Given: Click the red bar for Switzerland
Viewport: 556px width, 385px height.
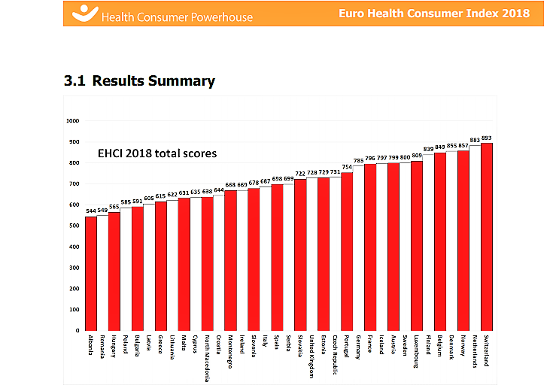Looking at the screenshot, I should pos(487,237).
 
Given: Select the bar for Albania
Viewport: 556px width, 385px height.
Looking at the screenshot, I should pos(90,274).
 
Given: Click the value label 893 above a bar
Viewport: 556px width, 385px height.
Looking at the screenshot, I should pos(487,138).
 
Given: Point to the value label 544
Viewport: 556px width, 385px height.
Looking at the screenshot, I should pos(90,211).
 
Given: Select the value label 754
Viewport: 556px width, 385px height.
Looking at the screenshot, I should pos(347,167).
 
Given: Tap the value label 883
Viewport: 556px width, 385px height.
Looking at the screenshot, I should pos(475,140).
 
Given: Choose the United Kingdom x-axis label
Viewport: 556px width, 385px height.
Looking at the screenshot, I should pos(312,356).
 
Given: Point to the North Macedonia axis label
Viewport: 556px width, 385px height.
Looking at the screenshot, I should pos(208,358).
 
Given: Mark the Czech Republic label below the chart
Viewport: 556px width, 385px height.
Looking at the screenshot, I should pos(336,353).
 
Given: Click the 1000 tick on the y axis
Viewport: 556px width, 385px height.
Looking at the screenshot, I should pos(73,120).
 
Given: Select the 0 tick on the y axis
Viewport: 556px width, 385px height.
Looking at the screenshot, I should pos(78,331).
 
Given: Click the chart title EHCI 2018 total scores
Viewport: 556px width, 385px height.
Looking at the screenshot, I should pos(157,153).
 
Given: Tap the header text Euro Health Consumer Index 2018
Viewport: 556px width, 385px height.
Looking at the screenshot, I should pos(444,14).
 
